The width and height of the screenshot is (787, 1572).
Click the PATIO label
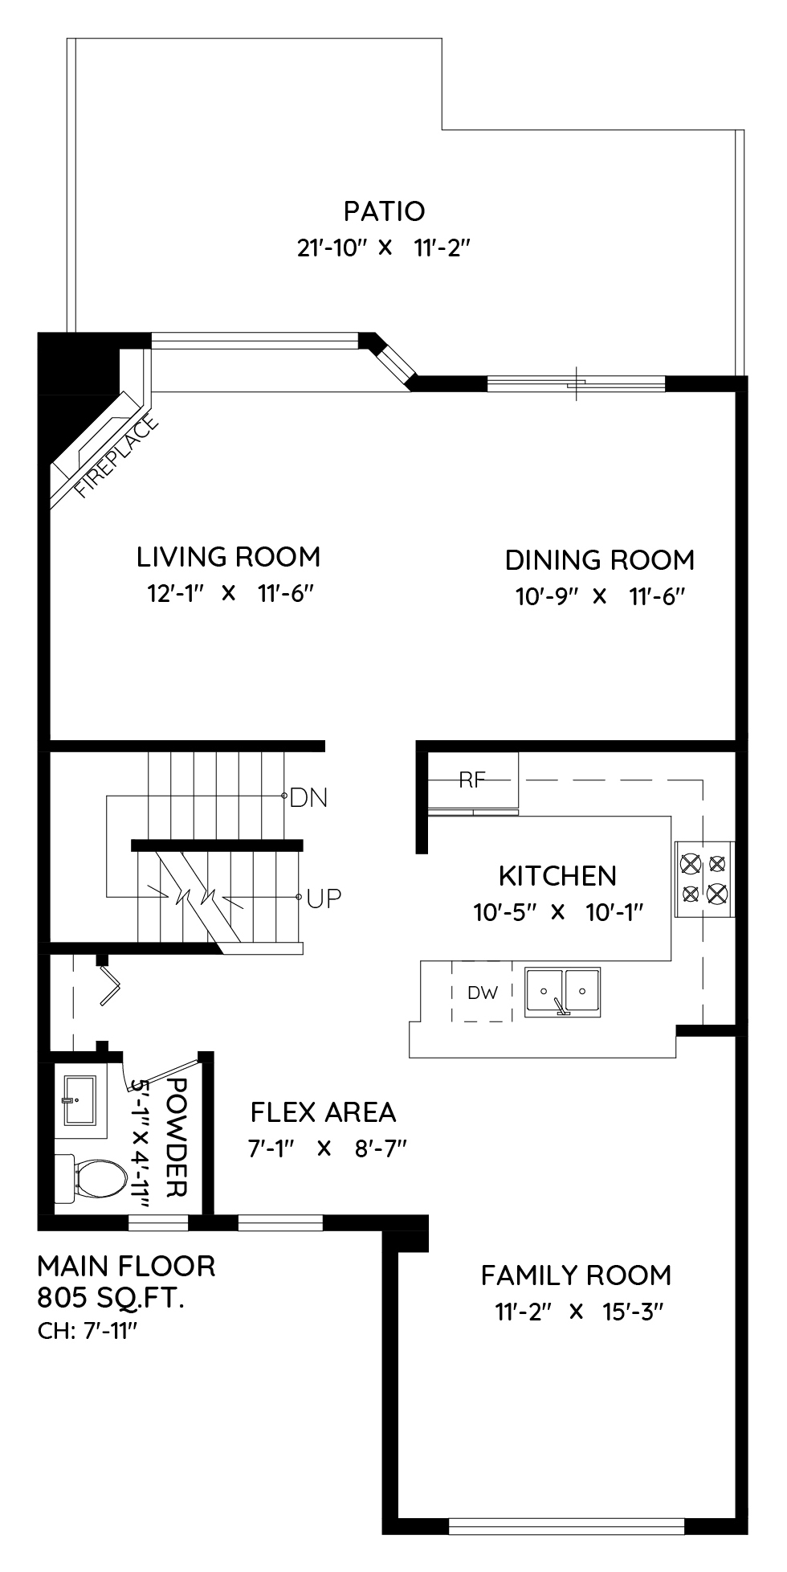click(x=384, y=211)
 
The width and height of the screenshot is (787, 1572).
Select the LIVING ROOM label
click(x=228, y=556)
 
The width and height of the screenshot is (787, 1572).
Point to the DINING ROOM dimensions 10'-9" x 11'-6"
click(x=599, y=596)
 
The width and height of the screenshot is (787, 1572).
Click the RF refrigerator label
click(x=473, y=779)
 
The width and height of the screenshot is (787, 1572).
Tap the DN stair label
click(x=308, y=798)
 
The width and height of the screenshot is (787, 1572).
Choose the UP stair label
click(x=324, y=898)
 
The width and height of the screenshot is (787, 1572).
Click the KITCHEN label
click(x=557, y=875)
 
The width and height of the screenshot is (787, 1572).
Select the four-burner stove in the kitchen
click(x=704, y=879)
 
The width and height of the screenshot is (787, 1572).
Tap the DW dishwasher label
click(x=483, y=993)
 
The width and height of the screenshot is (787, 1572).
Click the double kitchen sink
click(x=563, y=993)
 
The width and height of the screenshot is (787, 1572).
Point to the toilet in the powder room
click(x=91, y=1179)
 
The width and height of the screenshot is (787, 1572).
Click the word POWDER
click(x=176, y=1136)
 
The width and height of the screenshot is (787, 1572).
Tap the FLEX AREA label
click(x=323, y=1112)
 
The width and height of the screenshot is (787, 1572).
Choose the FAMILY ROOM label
click(x=576, y=1275)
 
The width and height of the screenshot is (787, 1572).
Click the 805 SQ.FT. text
click(x=111, y=1297)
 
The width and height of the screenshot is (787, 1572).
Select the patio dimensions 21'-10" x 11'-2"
click(x=383, y=248)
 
